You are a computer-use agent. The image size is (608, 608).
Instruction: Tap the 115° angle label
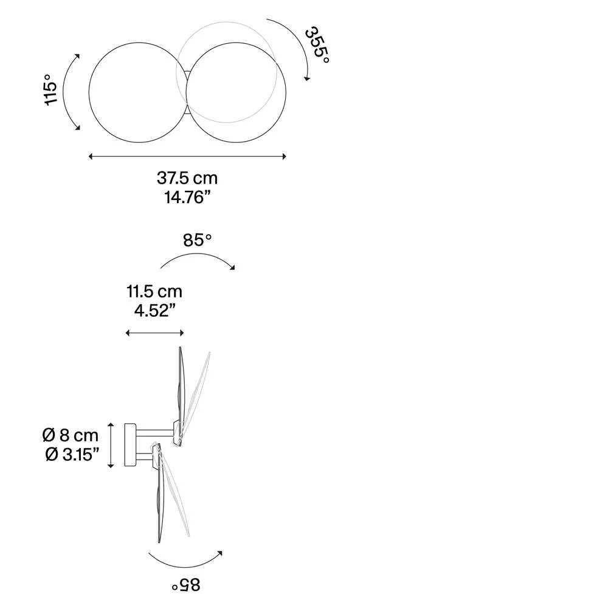click(50, 89)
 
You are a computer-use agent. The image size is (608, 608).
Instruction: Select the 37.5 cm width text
click(187, 178)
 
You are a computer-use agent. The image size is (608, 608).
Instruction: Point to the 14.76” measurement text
click(187, 197)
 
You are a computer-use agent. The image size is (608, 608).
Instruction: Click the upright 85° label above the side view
click(198, 240)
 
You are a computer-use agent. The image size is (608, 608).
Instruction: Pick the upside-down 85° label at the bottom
click(186, 584)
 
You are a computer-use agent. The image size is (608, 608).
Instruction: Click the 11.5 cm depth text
click(154, 291)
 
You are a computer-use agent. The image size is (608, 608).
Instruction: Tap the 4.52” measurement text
click(154, 310)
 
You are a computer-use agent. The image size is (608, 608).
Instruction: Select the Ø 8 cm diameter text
click(70, 435)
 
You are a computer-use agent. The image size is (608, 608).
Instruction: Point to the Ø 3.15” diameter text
click(72, 454)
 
